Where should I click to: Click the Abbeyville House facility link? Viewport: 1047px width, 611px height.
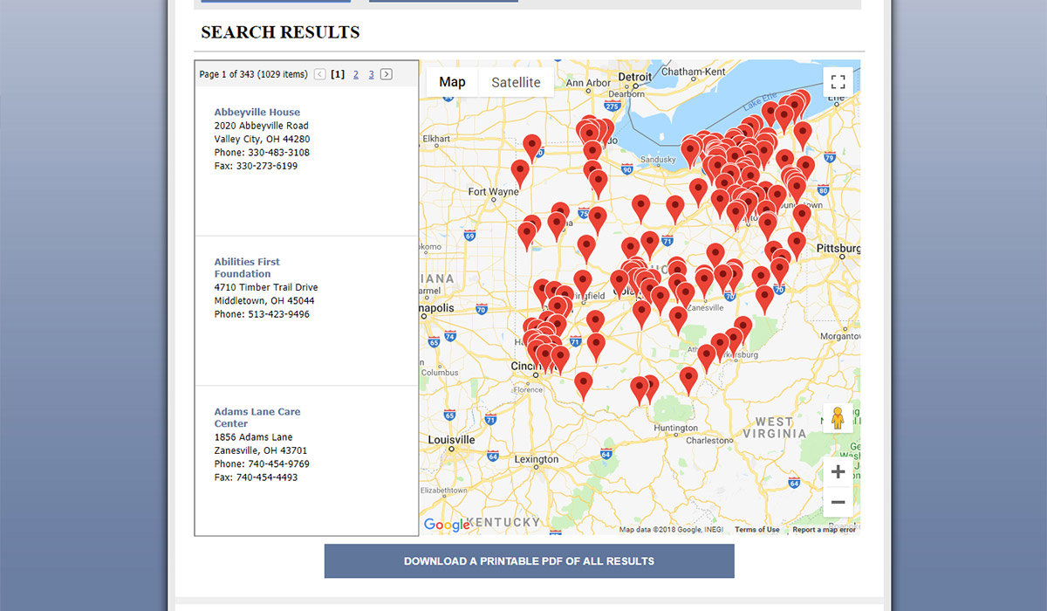tap(257, 113)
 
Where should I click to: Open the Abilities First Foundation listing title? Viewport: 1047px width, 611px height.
tap(247, 267)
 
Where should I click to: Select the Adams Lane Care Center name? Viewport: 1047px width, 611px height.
tap(257, 417)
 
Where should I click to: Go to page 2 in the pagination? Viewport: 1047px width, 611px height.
tap(356, 74)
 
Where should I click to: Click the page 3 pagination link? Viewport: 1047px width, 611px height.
tap(371, 74)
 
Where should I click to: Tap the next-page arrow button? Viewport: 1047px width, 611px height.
tap(387, 74)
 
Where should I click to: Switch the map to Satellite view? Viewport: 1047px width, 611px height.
tap(516, 83)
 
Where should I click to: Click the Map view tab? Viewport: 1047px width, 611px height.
tap(452, 82)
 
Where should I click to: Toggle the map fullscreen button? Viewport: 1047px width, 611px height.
tap(838, 82)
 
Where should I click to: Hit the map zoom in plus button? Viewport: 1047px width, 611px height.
tap(838, 472)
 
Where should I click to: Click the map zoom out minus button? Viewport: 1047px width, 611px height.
tap(838, 502)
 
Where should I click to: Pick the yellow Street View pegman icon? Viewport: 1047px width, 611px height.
tap(838, 418)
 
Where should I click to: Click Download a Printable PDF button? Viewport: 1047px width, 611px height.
tap(529, 561)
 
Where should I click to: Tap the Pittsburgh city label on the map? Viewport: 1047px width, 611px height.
tap(838, 249)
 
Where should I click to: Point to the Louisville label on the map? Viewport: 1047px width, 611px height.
tap(452, 439)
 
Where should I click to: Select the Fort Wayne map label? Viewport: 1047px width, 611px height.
tap(493, 192)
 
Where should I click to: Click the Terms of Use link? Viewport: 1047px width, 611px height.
tap(756, 530)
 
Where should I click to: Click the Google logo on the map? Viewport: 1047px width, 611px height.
tap(446, 525)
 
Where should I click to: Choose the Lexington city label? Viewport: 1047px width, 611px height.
tap(536, 459)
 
